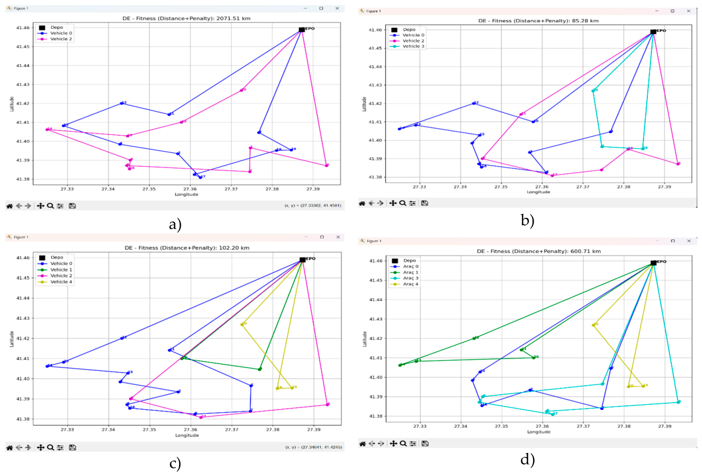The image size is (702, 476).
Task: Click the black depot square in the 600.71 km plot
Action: pos(653,263)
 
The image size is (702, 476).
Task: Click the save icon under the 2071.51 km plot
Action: pos(72,206)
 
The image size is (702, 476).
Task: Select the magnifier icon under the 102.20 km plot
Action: pos(50,447)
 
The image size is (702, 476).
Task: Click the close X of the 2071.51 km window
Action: pos(337,8)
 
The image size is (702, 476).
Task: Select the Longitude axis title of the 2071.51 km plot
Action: pos(186,194)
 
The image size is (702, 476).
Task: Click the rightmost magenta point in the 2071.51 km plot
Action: pos(327,165)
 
